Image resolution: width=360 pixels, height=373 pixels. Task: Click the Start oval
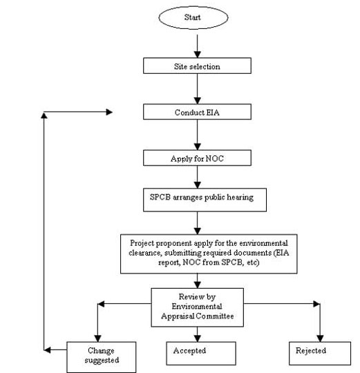(193, 17)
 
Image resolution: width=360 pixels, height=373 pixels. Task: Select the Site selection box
(197, 66)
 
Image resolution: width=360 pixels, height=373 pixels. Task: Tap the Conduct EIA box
(197, 112)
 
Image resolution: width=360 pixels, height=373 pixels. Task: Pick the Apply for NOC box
(197, 157)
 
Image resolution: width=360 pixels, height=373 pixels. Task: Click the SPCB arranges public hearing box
(205, 200)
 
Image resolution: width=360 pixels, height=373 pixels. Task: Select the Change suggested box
(102, 357)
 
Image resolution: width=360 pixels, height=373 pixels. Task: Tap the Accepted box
(201, 353)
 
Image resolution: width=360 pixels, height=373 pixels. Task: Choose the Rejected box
(320, 353)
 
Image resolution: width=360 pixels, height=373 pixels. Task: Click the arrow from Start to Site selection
(197, 46)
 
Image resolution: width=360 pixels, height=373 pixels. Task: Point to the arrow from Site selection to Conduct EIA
(197, 89)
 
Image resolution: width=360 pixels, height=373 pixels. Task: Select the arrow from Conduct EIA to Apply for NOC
(197, 135)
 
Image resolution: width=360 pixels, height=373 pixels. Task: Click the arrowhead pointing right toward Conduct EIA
(109, 112)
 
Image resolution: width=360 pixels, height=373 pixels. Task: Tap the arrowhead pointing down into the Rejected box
(320, 338)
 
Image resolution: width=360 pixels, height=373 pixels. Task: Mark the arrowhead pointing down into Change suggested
(98, 338)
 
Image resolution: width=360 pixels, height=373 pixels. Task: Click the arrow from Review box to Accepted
(197, 334)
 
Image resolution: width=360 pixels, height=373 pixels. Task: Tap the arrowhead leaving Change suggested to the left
(47, 350)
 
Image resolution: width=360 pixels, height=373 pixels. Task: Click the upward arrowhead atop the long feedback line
(44, 115)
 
